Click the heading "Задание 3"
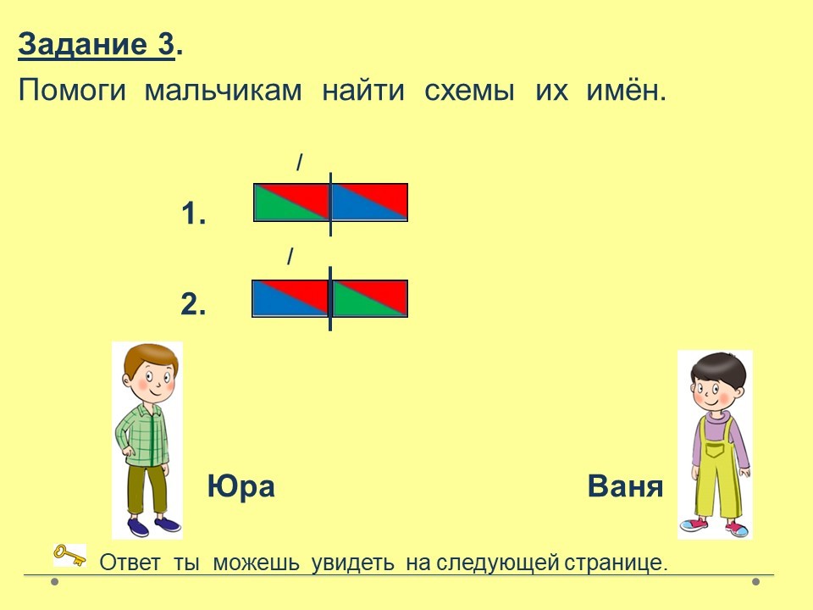[97, 45]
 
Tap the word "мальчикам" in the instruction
[223, 91]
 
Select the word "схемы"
[470, 91]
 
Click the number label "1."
[193, 213]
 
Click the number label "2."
[193, 304]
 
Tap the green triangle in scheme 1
[280, 207]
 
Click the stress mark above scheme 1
[300, 163]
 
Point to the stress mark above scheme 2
[290, 256]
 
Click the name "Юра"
[241, 486]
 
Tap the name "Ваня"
[625, 486]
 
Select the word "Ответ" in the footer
[130, 563]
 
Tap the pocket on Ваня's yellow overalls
[716, 449]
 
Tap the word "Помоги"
[72, 91]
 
